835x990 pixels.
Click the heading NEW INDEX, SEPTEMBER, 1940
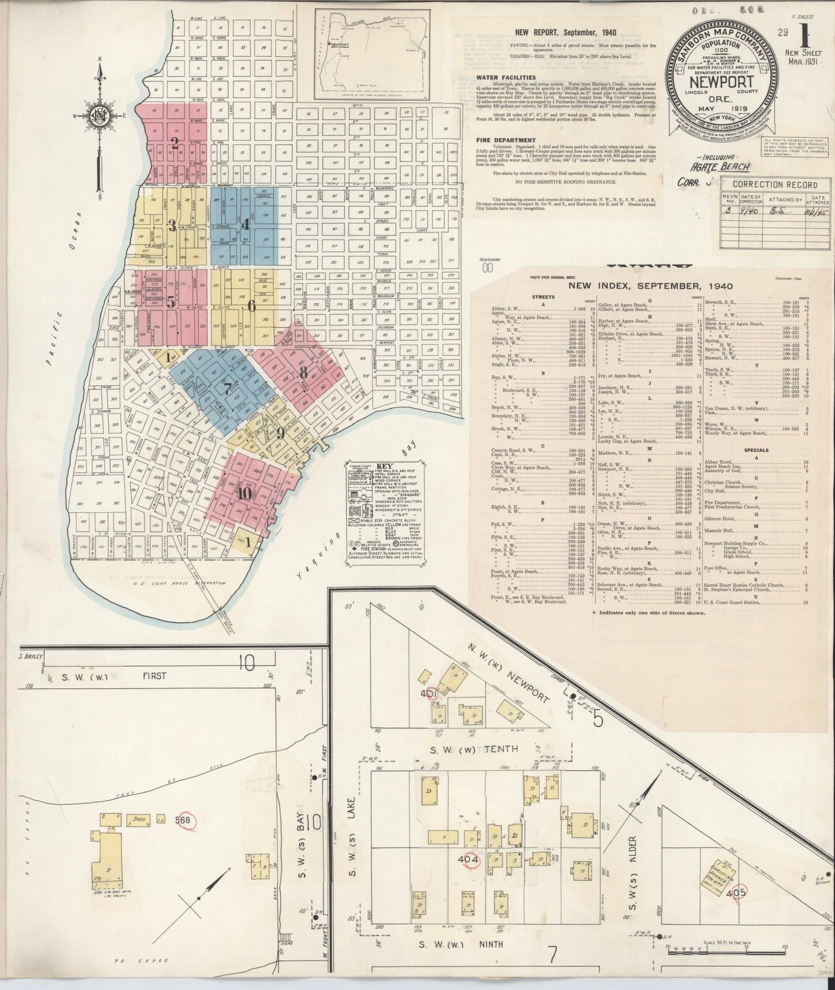click(650, 285)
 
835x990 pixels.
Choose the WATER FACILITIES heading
click(506, 77)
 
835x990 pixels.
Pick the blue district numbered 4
click(245, 224)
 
